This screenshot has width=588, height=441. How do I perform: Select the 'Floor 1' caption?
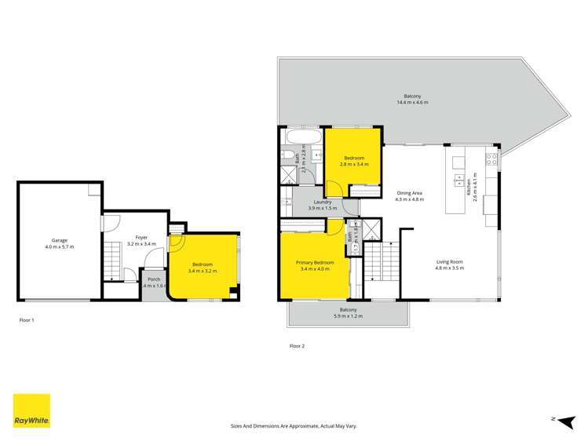click(x=27, y=320)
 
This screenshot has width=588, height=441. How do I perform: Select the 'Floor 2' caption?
click(x=297, y=345)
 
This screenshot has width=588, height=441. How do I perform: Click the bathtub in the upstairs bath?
click(x=302, y=137)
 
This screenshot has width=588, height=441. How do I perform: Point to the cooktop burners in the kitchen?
click(x=491, y=160)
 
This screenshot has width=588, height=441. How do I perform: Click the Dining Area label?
click(x=410, y=196)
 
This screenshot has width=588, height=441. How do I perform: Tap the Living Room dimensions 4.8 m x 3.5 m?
click(x=450, y=268)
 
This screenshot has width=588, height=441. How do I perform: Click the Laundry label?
click(x=323, y=205)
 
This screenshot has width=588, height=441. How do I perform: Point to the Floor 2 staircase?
click(x=382, y=262)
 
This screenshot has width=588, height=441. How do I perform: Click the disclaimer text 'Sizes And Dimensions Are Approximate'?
click(x=294, y=425)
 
